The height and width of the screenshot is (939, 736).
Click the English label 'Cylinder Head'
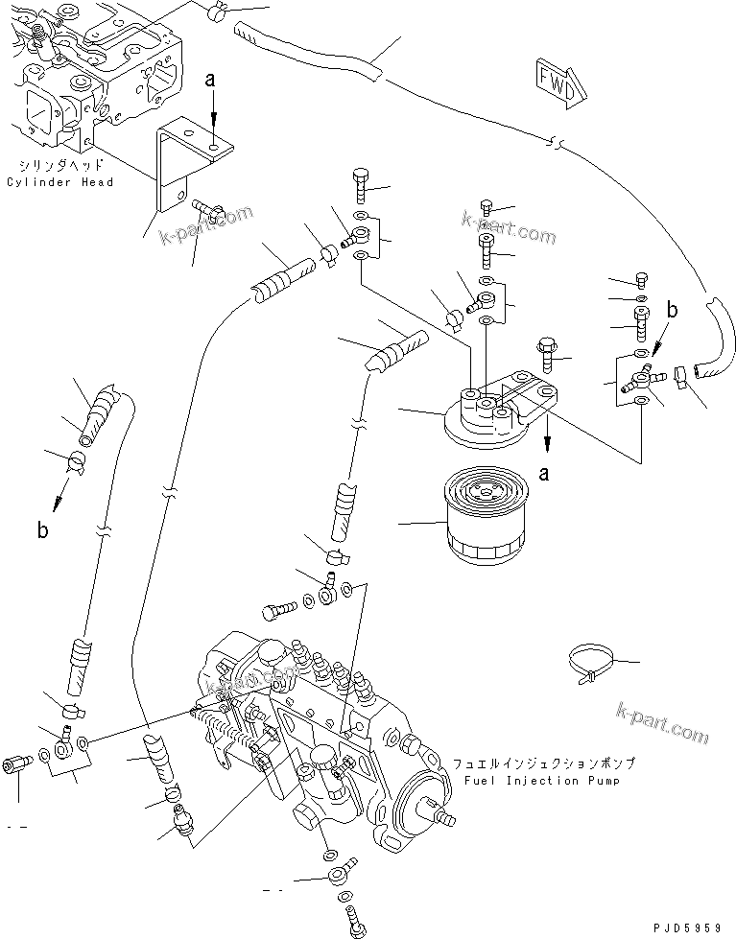(x=59, y=182)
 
